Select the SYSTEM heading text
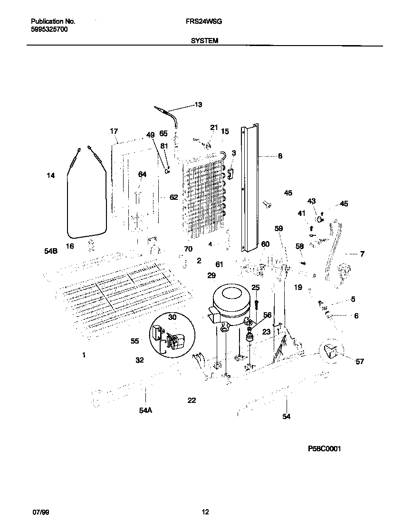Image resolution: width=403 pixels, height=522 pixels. click(x=204, y=41)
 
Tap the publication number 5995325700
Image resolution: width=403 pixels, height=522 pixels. click(x=49, y=29)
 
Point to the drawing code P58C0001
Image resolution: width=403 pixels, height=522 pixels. click(x=324, y=448)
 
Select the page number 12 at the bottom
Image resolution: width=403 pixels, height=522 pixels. click(x=205, y=512)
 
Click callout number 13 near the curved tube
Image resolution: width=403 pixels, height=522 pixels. click(x=198, y=105)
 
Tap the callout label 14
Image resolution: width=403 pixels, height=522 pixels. click(x=50, y=176)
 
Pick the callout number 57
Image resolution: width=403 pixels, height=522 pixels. click(x=360, y=362)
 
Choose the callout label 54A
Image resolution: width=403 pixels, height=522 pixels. click(x=145, y=410)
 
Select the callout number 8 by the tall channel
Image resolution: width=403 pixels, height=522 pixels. click(x=280, y=155)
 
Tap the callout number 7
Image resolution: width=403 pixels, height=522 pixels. click(x=362, y=254)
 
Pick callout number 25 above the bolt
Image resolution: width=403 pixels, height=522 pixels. click(x=256, y=288)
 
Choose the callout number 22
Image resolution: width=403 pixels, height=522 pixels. click(x=192, y=401)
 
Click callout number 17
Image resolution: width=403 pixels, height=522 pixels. click(x=114, y=131)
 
